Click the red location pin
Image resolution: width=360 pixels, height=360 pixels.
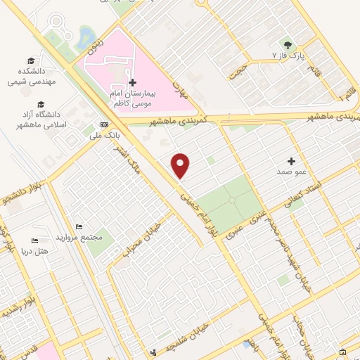point(181,165)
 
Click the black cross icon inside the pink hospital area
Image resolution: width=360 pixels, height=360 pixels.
point(132,82)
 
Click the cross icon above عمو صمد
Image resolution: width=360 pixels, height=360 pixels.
point(291,161)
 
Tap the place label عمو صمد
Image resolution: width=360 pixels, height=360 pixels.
point(291,171)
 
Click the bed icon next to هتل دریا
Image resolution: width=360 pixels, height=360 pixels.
point(35,241)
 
